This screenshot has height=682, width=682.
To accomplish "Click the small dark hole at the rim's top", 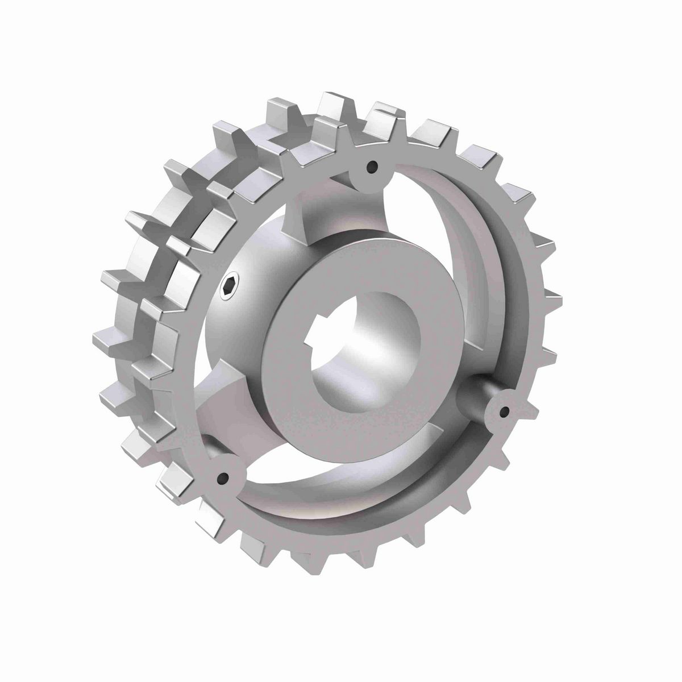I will click(372, 167).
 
